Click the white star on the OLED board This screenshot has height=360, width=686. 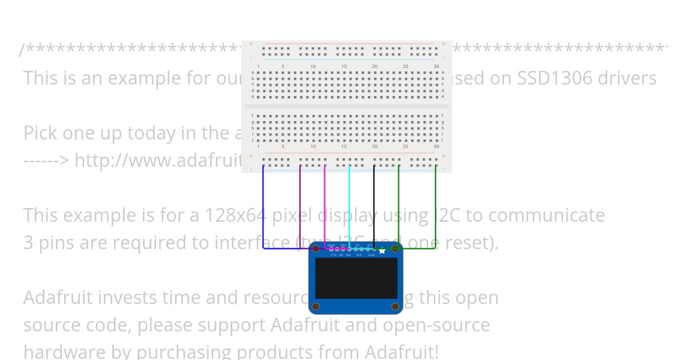382,250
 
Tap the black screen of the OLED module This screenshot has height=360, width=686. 356,278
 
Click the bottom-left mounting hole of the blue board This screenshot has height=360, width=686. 316,307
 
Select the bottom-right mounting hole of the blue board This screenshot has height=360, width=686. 395,307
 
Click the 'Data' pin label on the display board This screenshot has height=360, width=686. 331,245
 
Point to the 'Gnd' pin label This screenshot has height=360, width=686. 371,255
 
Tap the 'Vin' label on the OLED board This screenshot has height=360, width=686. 369,245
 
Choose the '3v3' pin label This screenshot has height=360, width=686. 359,255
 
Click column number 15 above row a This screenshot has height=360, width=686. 344,67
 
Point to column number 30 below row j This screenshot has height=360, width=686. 436,147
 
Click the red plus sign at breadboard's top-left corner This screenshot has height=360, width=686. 250,43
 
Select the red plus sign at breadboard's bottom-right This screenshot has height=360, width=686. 443,156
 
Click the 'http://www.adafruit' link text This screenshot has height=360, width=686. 159,161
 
